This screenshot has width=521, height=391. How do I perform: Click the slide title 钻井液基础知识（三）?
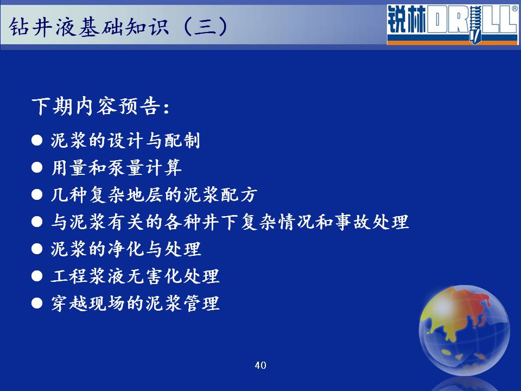(119, 27)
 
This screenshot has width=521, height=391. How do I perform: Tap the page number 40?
(260, 365)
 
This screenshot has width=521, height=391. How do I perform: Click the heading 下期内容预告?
(101, 106)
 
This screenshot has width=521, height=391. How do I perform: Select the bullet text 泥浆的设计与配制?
(125, 140)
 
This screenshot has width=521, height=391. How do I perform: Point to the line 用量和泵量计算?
(116, 167)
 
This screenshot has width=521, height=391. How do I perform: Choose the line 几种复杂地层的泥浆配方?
(154, 194)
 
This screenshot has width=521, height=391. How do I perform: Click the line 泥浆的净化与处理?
(126, 249)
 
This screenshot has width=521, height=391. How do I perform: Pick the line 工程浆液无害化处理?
(135, 276)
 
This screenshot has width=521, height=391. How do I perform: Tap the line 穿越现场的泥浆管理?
(135, 303)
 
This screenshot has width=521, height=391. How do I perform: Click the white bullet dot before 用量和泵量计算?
(37, 167)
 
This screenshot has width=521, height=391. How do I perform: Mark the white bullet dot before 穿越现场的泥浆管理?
(37, 303)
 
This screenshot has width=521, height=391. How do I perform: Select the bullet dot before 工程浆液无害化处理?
(37, 276)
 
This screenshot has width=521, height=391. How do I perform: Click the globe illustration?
(464, 330)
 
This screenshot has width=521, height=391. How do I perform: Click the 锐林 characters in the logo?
(406, 20)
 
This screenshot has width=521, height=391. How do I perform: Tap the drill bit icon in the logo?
(475, 25)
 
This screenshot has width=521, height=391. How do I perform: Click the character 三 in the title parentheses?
(205, 27)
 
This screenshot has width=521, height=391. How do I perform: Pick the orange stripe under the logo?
(453, 42)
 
